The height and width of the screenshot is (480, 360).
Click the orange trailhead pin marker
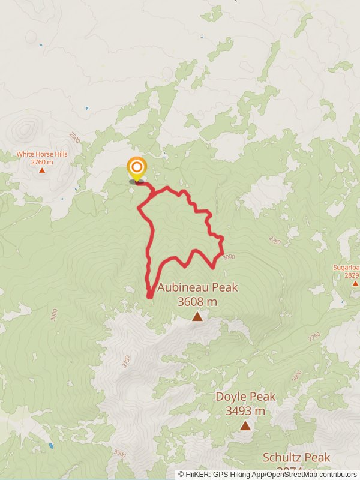[x=137, y=167]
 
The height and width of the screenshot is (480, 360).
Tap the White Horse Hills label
[x=42, y=154]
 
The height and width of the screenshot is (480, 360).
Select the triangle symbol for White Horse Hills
[x=42, y=170]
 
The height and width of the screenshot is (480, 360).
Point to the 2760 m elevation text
[x=42, y=162]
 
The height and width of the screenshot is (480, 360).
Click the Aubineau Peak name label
[x=197, y=288]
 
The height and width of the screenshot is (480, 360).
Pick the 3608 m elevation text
[x=197, y=302]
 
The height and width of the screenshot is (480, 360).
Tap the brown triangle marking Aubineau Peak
[x=197, y=316]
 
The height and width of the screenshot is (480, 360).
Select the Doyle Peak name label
[x=246, y=397]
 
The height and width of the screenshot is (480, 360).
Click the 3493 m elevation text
[x=246, y=411]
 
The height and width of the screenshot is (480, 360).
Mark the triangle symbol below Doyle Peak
[x=245, y=425]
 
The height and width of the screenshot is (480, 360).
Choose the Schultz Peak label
[x=296, y=458]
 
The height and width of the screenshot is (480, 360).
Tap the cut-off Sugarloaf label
[x=347, y=268]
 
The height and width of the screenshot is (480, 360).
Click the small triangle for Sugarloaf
[x=355, y=283]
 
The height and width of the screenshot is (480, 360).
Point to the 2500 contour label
[x=74, y=137]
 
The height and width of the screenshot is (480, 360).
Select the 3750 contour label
[x=126, y=361]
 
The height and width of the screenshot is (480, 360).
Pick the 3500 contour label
[x=119, y=454]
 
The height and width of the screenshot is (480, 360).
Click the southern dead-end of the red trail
[x=149, y=295]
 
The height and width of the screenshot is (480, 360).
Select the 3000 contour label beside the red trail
[x=228, y=257]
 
